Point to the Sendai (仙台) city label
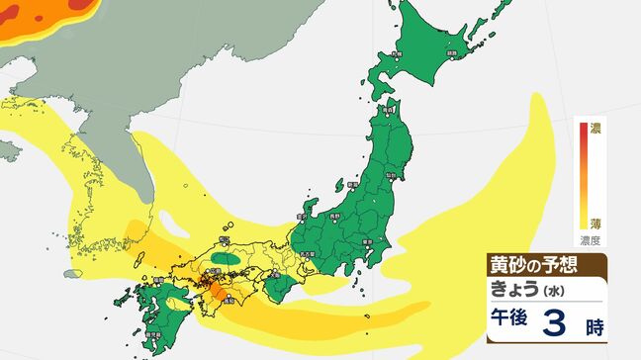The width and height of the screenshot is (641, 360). click(x=393, y=175)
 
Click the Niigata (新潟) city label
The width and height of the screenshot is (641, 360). click(x=352, y=183)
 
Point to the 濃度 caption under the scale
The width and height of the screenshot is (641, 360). click(x=591, y=239)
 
